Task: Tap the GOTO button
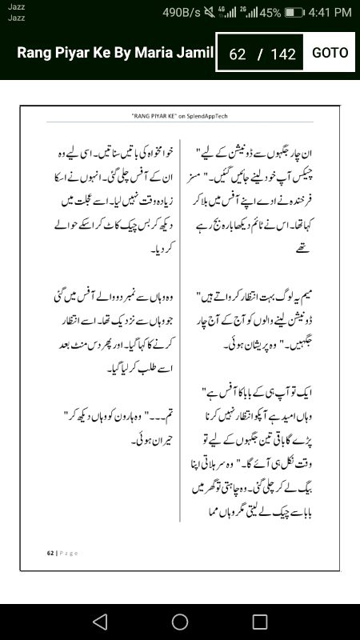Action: pyautogui.click(x=330, y=53)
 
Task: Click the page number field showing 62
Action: pyautogui.click(x=237, y=54)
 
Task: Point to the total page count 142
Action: pyautogui.click(x=283, y=54)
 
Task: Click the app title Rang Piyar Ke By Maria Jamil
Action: pyautogui.click(x=115, y=53)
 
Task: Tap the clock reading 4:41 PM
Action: pyautogui.click(x=330, y=13)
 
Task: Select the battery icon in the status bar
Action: pyautogui.click(x=294, y=13)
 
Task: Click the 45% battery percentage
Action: pyautogui.click(x=270, y=13)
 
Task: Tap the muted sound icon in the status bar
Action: pyautogui.click(x=210, y=13)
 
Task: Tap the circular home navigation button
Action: pyautogui.click(x=180, y=622)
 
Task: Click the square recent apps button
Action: pyautogui.click(x=260, y=622)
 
